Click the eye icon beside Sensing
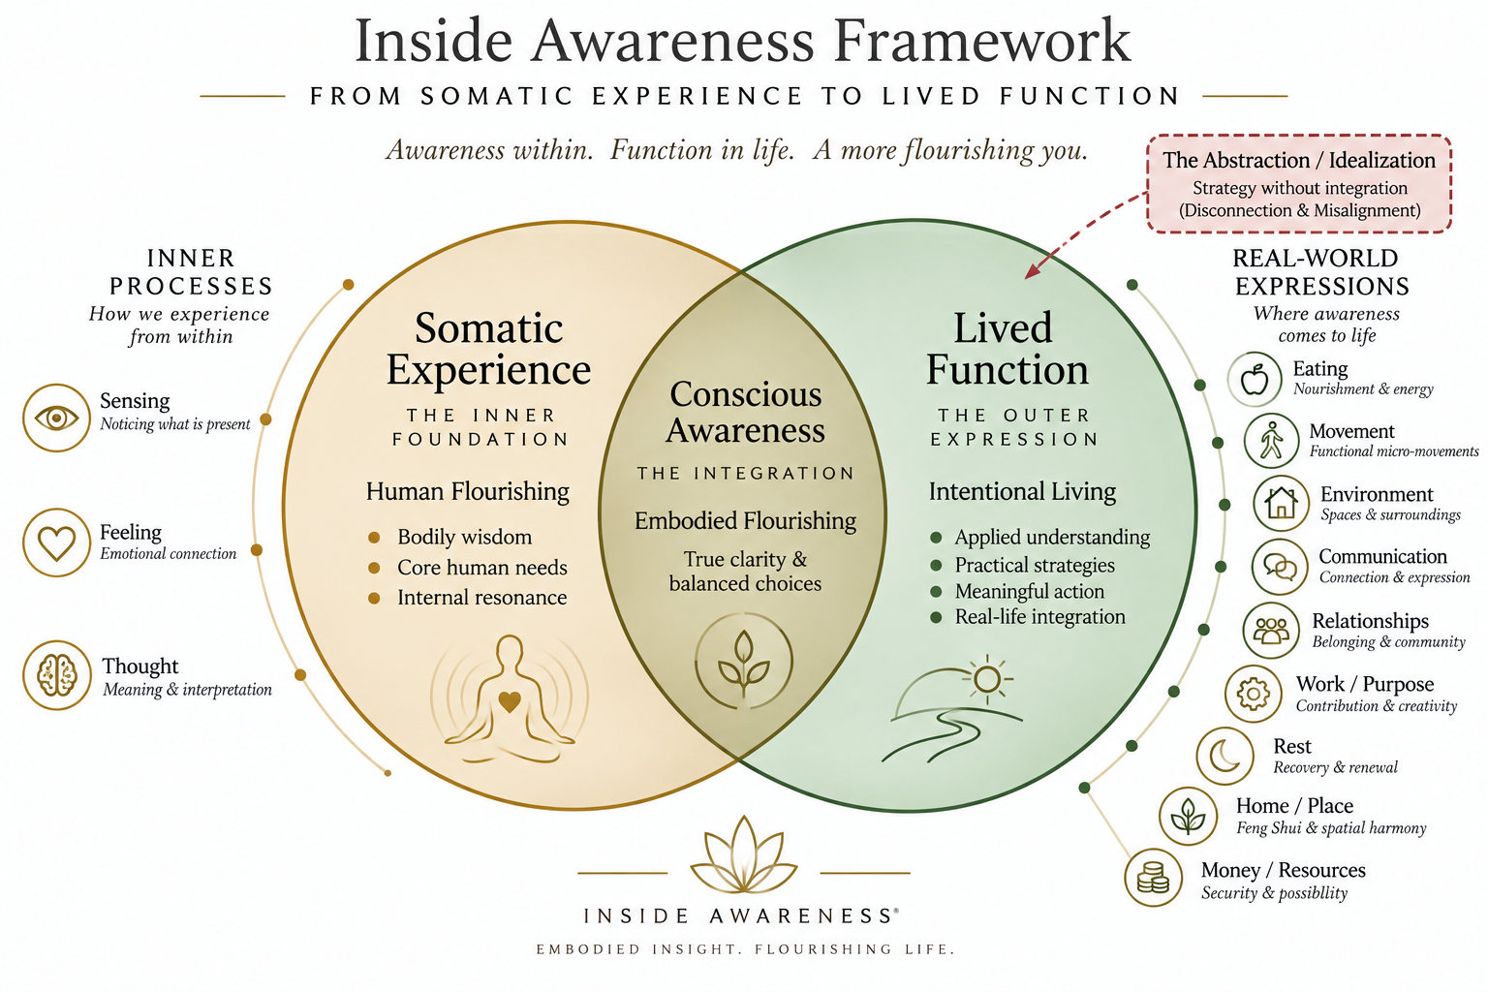[x=56, y=418]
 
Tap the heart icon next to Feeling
[x=56, y=542]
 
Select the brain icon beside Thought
[x=57, y=675]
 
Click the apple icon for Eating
[x=1255, y=380]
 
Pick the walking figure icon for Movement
[x=1271, y=441]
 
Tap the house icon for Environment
[x=1281, y=503]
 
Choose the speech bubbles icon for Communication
[x=1280, y=567]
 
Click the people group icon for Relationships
[x=1271, y=631]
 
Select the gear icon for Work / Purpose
[x=1254, y=694]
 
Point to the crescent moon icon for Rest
[x=1224, y=757]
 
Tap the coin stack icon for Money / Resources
[x=1153, y=878]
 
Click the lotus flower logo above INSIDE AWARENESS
[x=744, y=854]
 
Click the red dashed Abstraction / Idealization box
[x=1299, y=184]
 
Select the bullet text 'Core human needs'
[x=482, y=568]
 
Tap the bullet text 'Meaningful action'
[x=1030, y=591]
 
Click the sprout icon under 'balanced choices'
[x=744, y=662]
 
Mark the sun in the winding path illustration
[x=987, y=679]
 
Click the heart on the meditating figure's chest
[x=510, y=701]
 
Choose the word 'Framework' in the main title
[x=982, y=42]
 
